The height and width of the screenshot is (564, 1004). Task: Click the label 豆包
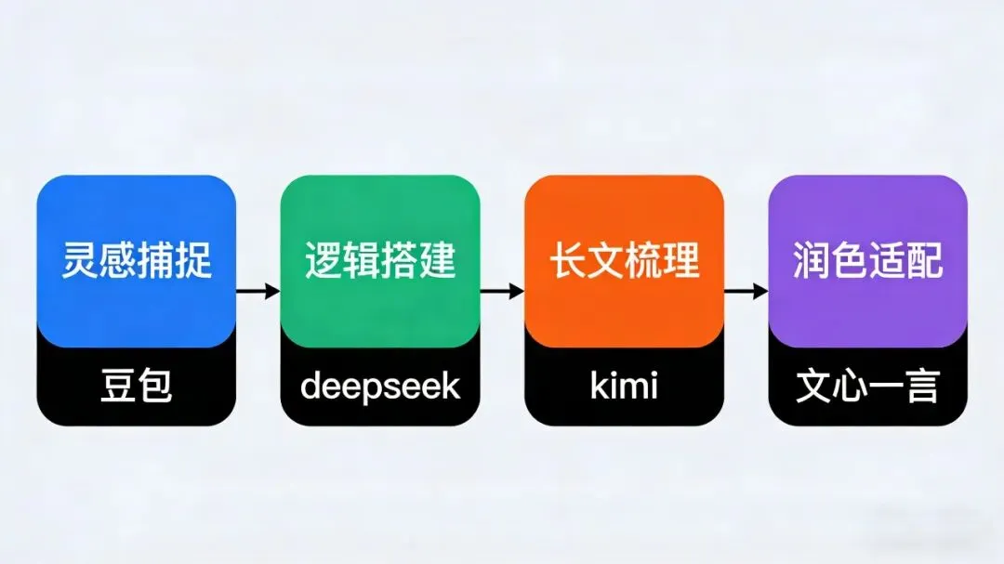coord(137,386)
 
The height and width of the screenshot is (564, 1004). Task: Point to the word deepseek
coord(380,386)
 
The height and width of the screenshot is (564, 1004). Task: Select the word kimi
coord(625,386)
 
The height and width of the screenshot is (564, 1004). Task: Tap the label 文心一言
coord(868,386)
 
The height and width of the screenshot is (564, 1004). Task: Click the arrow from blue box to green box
coord(258,291)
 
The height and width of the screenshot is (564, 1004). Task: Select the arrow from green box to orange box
coord(502,291)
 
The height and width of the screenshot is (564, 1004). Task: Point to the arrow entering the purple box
coord(746,291)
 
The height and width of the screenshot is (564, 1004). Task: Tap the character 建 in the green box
coord(438,261)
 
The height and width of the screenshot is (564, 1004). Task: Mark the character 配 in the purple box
coord(925,261)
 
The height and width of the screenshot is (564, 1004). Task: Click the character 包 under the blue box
coord(155,386)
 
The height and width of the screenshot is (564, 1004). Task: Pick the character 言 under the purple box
coord(922,386)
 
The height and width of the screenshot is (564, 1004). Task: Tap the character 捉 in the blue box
coord(194,261)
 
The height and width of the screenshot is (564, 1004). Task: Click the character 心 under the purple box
coord(850,386)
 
